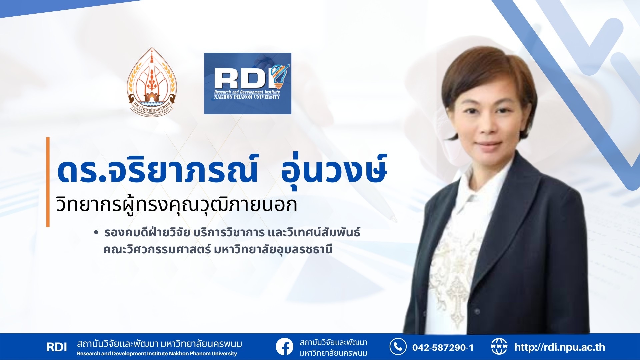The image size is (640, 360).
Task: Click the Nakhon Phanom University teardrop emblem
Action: tap(152, 82)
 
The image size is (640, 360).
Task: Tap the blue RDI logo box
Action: tap(248, 83)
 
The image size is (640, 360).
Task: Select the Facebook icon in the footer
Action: tap(285, 347)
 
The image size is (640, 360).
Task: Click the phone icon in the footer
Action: tap(398, 347)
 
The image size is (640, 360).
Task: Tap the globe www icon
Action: tap(499, 347)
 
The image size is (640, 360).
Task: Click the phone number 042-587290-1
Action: tap(443, 348)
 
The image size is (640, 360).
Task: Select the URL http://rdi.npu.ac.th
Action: tap(560, 347)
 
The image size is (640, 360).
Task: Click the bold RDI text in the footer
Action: tap(57, 347)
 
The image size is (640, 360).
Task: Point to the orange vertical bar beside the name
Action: tap(48, 182)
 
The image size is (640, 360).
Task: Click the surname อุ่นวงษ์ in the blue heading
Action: tap(334, 170)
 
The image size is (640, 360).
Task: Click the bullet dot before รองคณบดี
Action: tap(96, 233)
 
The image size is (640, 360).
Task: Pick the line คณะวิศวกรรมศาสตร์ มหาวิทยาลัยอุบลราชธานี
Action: tap(218, 249)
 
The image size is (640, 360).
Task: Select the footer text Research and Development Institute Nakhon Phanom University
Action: tap(157, 354)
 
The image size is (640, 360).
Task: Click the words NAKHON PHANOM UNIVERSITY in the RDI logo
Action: tap(247, 97)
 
